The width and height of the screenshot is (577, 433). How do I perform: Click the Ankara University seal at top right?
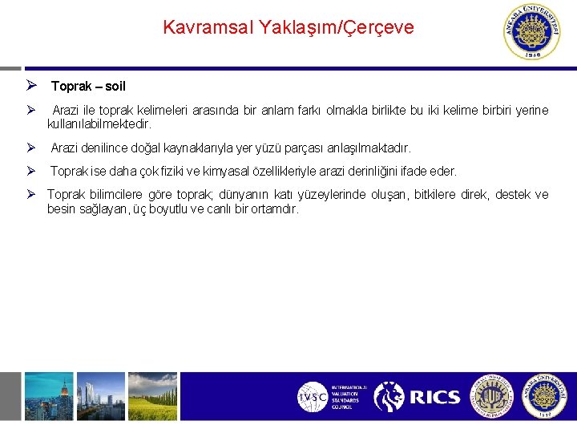[532, 32]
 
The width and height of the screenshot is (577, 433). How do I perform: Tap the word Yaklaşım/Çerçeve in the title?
[339, 28]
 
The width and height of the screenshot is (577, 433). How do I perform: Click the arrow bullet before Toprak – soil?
[31, 86]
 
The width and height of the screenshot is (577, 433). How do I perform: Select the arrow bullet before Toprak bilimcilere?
[31, 194]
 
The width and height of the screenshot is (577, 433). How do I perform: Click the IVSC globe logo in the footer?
[312, 397]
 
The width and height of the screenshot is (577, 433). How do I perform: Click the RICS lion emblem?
[389, 397]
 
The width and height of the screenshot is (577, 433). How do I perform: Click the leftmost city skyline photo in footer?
[48, 396]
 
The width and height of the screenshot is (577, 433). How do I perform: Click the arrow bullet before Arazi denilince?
[31, 148]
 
